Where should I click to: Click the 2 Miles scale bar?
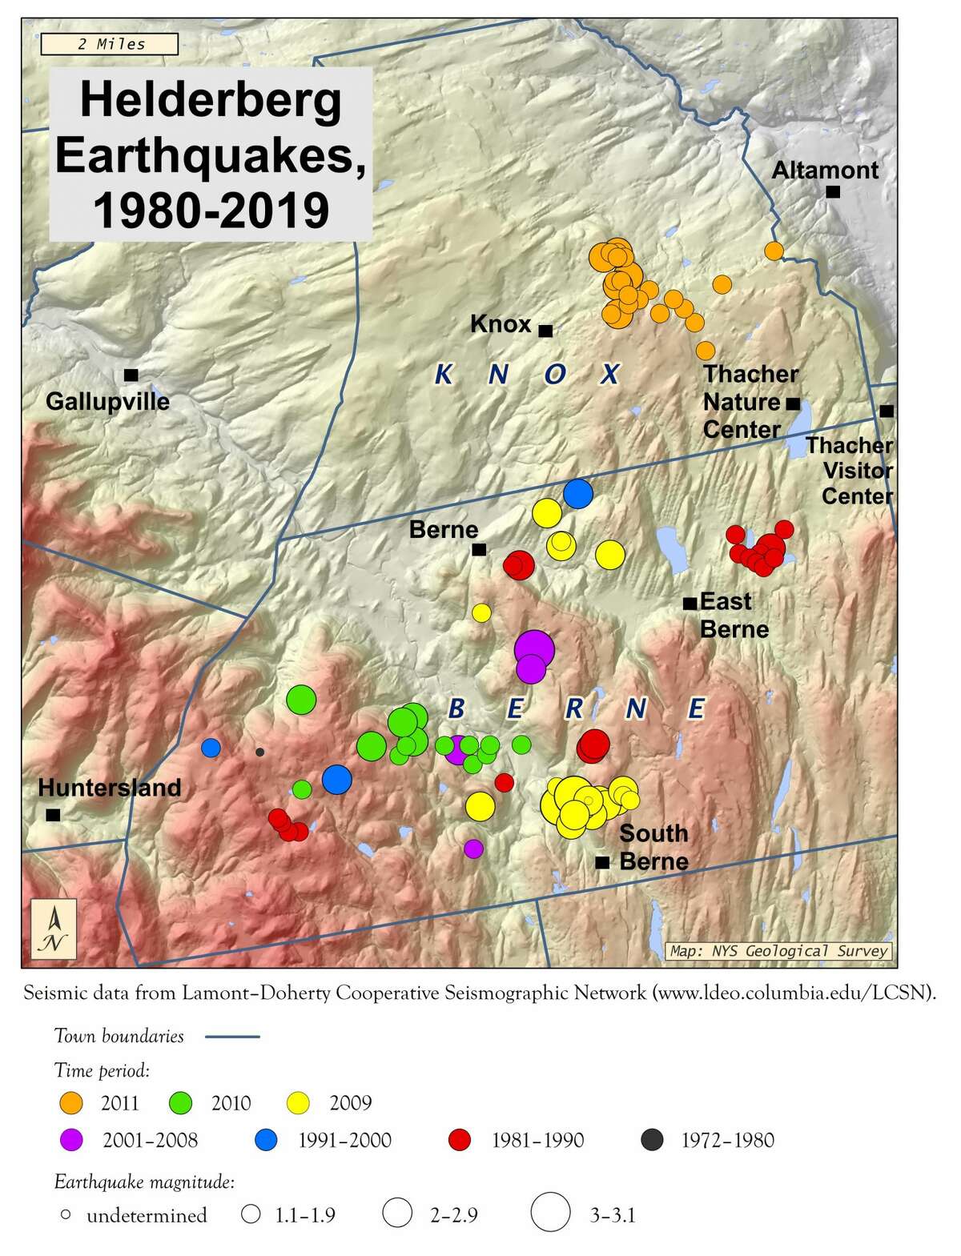109,44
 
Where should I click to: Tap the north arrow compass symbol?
54,929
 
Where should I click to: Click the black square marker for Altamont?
833,191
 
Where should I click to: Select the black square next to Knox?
545,331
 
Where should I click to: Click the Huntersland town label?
110,787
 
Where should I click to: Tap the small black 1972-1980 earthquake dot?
259,752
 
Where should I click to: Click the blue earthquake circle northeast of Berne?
577,493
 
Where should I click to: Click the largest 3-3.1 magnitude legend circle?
551,1211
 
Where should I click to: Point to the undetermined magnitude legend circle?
66,1215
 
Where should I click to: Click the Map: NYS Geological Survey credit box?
779,951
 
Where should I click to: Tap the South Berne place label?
653,847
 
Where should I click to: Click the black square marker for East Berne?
689,603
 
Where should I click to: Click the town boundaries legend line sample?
232,1037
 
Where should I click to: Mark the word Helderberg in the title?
211,101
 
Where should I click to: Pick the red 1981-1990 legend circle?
460,1140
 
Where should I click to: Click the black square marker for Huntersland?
53,815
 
